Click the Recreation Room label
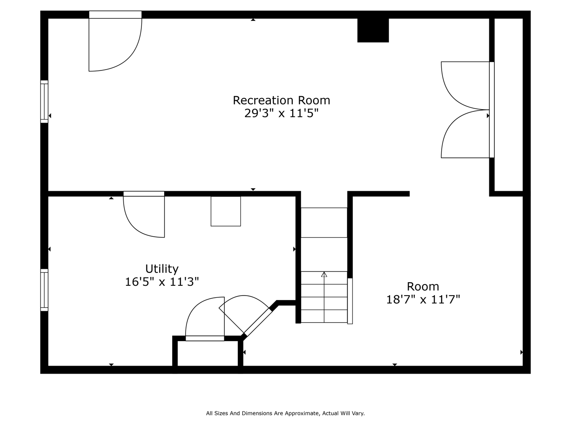point(281,100)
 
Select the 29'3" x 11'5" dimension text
point(281,113)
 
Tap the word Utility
point(162,269)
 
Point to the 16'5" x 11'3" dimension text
point(162,282)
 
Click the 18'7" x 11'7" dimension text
point(423,299)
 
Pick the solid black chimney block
point(373,30)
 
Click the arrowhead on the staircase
point(324,275)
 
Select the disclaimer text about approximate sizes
point(285,413)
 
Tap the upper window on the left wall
point(44,102)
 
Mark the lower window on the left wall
point(44,290)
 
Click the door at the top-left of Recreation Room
point(115,41)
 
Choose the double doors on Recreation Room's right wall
point(468,110)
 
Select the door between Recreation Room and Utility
point(144,214)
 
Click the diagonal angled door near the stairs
point(245,315)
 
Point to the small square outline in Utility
point(226,211)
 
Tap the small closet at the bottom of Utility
point(207,354)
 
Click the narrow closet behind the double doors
point(509,105)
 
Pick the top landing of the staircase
point(324,222)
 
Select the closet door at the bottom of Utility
point(205,319)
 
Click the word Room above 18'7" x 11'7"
point(423,287)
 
